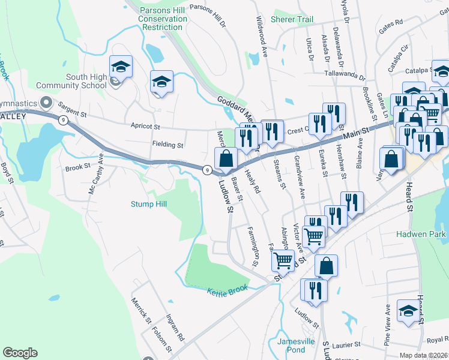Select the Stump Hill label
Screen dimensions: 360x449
coord(149,204)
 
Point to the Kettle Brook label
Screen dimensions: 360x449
coord(228,292)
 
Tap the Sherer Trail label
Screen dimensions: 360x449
coord(292,19)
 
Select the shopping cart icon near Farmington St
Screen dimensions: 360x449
coord(283,260)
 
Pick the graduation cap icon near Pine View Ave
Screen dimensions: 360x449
coord(408,310)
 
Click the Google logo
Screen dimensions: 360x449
coord(20,353)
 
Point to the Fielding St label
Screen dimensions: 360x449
coord(167,145)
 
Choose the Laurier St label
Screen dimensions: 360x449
coord(345,345)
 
